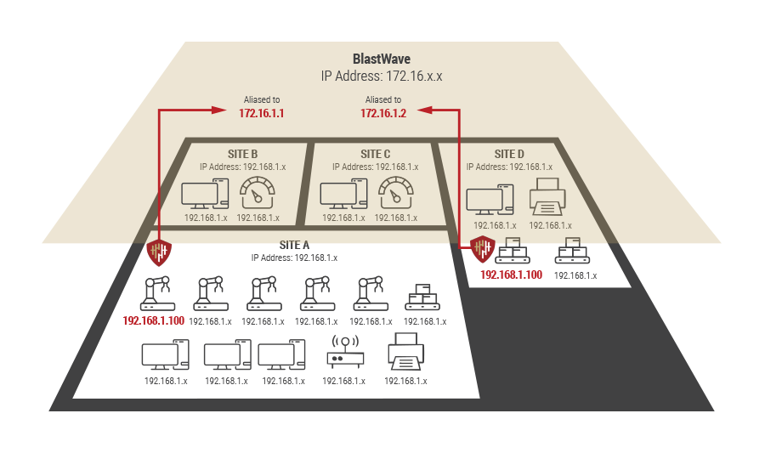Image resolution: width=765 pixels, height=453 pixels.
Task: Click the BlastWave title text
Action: (382, 59)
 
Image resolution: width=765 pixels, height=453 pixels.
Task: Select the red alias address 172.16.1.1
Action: (262, 113)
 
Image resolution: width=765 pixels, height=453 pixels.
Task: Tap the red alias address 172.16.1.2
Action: (383, 113)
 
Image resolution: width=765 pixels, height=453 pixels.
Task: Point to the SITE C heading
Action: (375, 154)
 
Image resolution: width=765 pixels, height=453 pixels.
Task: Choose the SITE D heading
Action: (510, 154)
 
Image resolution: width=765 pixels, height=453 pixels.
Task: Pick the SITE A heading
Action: (294, 245)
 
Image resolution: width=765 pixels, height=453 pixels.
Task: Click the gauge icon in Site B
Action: (258, 195)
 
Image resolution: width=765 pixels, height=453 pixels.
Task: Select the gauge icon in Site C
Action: (395, 195)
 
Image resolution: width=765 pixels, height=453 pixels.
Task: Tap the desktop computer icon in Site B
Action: (205, 195)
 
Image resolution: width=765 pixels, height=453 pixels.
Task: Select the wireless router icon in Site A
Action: (344, 353)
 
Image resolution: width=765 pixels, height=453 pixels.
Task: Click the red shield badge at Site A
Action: (159, 252)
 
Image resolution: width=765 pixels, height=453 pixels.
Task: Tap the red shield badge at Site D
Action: (484, 248)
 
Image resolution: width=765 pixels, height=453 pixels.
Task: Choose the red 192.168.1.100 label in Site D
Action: (511, 275)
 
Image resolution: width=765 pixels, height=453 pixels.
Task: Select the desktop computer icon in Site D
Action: (489, 201)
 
